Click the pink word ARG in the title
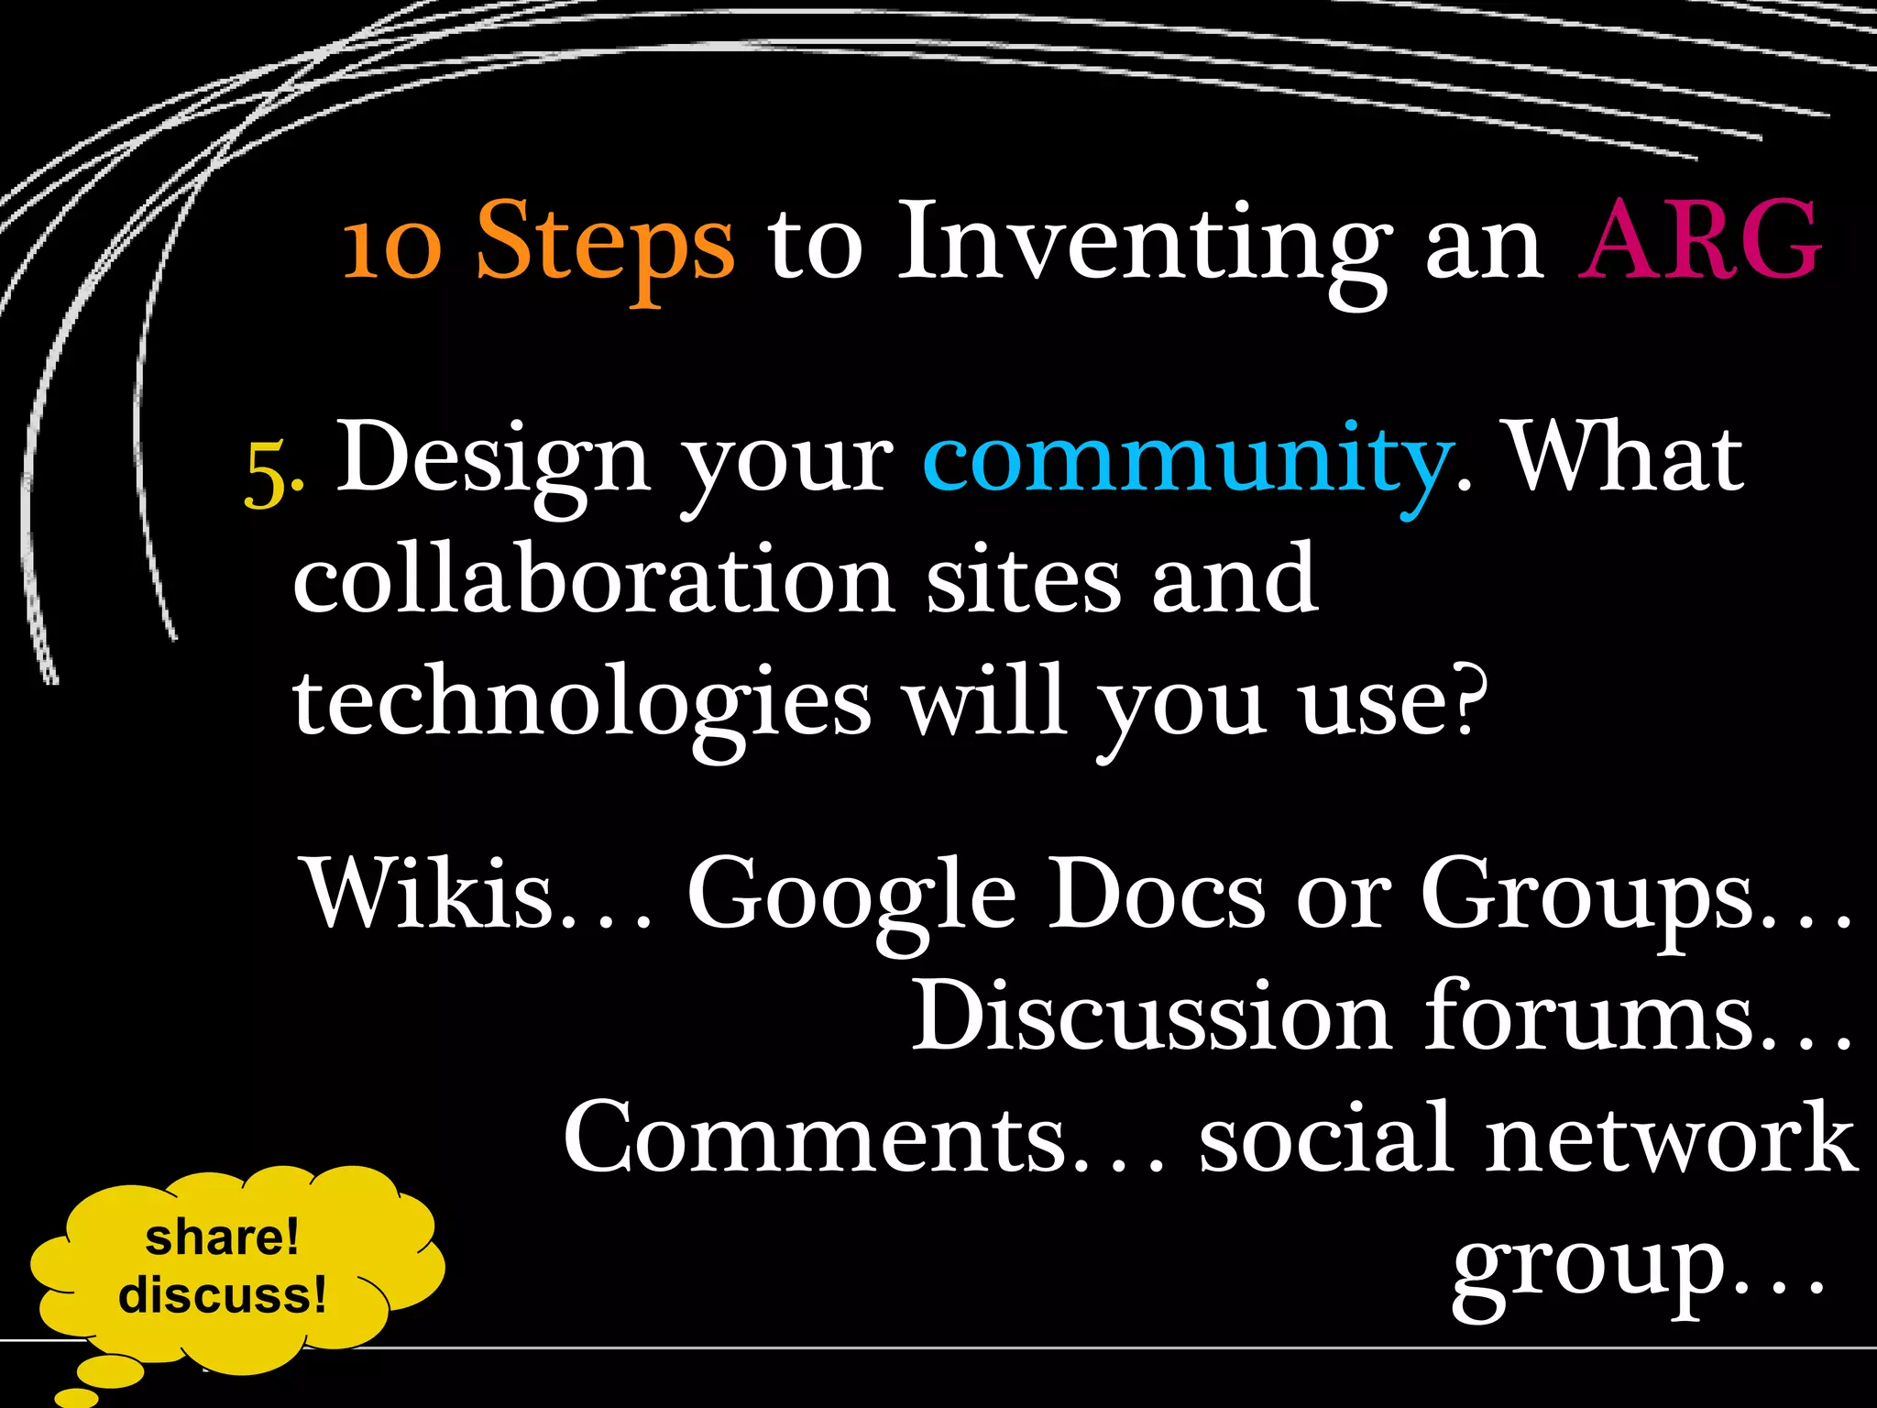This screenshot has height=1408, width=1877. [x=1699, y=240]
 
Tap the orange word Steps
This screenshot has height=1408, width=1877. [x=605, y=244]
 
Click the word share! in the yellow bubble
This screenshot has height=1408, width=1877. [x=222, y=1237]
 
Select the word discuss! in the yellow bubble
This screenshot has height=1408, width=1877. [x=222, y=1295]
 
